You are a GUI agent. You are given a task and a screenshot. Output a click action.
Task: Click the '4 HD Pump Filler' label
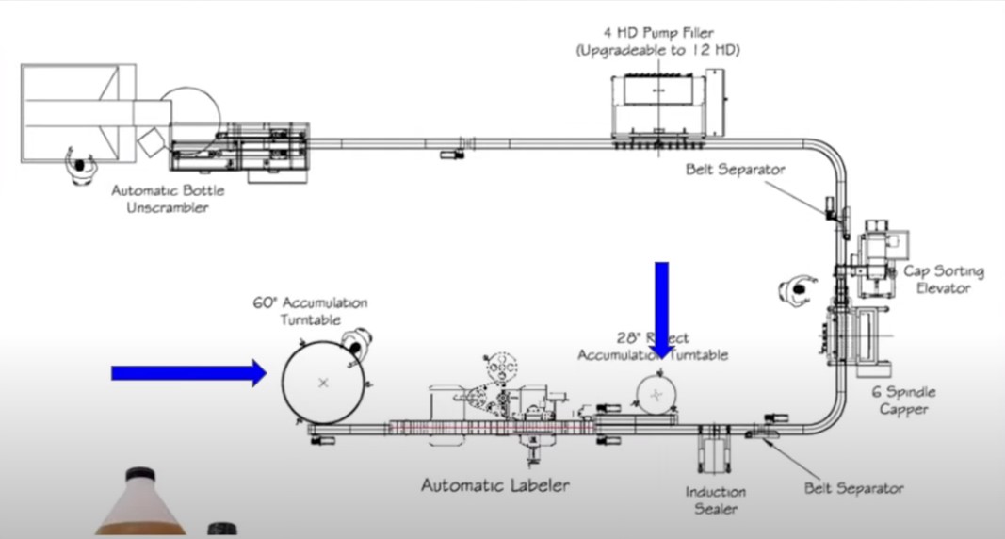pyautogui.click(x=657, y=32)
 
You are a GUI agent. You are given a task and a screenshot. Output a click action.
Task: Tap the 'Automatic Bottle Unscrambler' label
pyautogui.click(x=168, y=199)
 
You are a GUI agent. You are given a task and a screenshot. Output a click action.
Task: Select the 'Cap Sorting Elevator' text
pyautogui.click(x=944, y=280)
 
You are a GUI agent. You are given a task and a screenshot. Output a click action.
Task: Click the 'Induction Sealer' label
pyautogui.click(x=716, y=499)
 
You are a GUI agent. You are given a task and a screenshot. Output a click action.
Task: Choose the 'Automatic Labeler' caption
pyautogui.click(x=494, y=485)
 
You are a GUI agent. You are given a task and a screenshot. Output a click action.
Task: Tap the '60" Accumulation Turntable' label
pyautogui.click(x=309, y=311)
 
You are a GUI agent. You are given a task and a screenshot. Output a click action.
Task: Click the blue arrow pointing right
pyautogui.click(x=188, y=373)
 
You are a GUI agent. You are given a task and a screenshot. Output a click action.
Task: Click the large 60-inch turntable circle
pyautogui.click(x=323, y=382)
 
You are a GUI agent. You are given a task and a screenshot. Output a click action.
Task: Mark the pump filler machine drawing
pyautogui.click(x=657, y=104)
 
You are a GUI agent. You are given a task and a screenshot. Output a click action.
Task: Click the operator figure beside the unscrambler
pyautogui.click(x=79, y=167)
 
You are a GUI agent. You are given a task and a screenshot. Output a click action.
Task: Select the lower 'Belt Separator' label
pyautogui.click(x=853, y=488)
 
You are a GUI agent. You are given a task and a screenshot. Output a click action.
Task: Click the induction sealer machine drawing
pyautogui.click(x=713, y=450)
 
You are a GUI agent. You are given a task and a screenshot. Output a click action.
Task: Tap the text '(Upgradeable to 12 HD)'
pyautogui.click(x=657, y=50)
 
